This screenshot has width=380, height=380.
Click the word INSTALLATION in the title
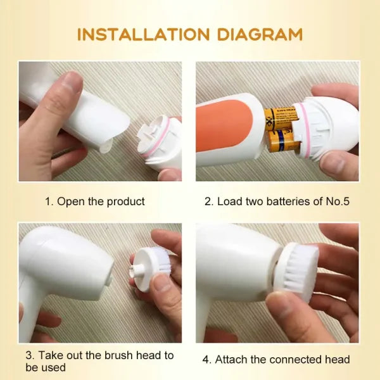143,34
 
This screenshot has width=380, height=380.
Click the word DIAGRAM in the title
260,34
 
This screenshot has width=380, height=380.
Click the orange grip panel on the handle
224,126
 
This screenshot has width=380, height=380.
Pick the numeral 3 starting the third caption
29,355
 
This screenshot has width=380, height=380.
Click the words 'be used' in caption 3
46,367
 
